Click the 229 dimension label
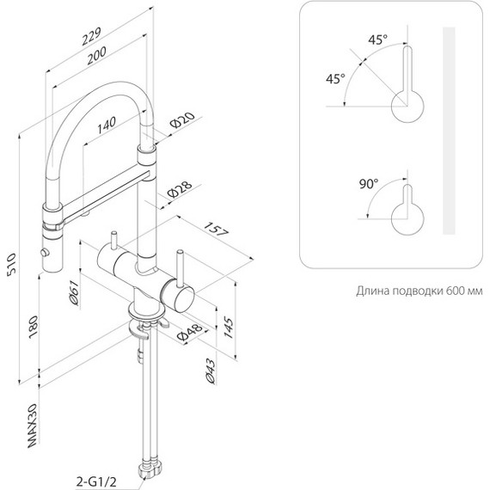(92, 36)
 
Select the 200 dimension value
(96, 55)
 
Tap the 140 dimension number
(107, 125)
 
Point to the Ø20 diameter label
(182, 119)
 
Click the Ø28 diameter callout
(180, 189)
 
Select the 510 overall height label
(11, 264)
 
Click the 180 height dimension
(33, 327)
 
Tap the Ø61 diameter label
(74, 292)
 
